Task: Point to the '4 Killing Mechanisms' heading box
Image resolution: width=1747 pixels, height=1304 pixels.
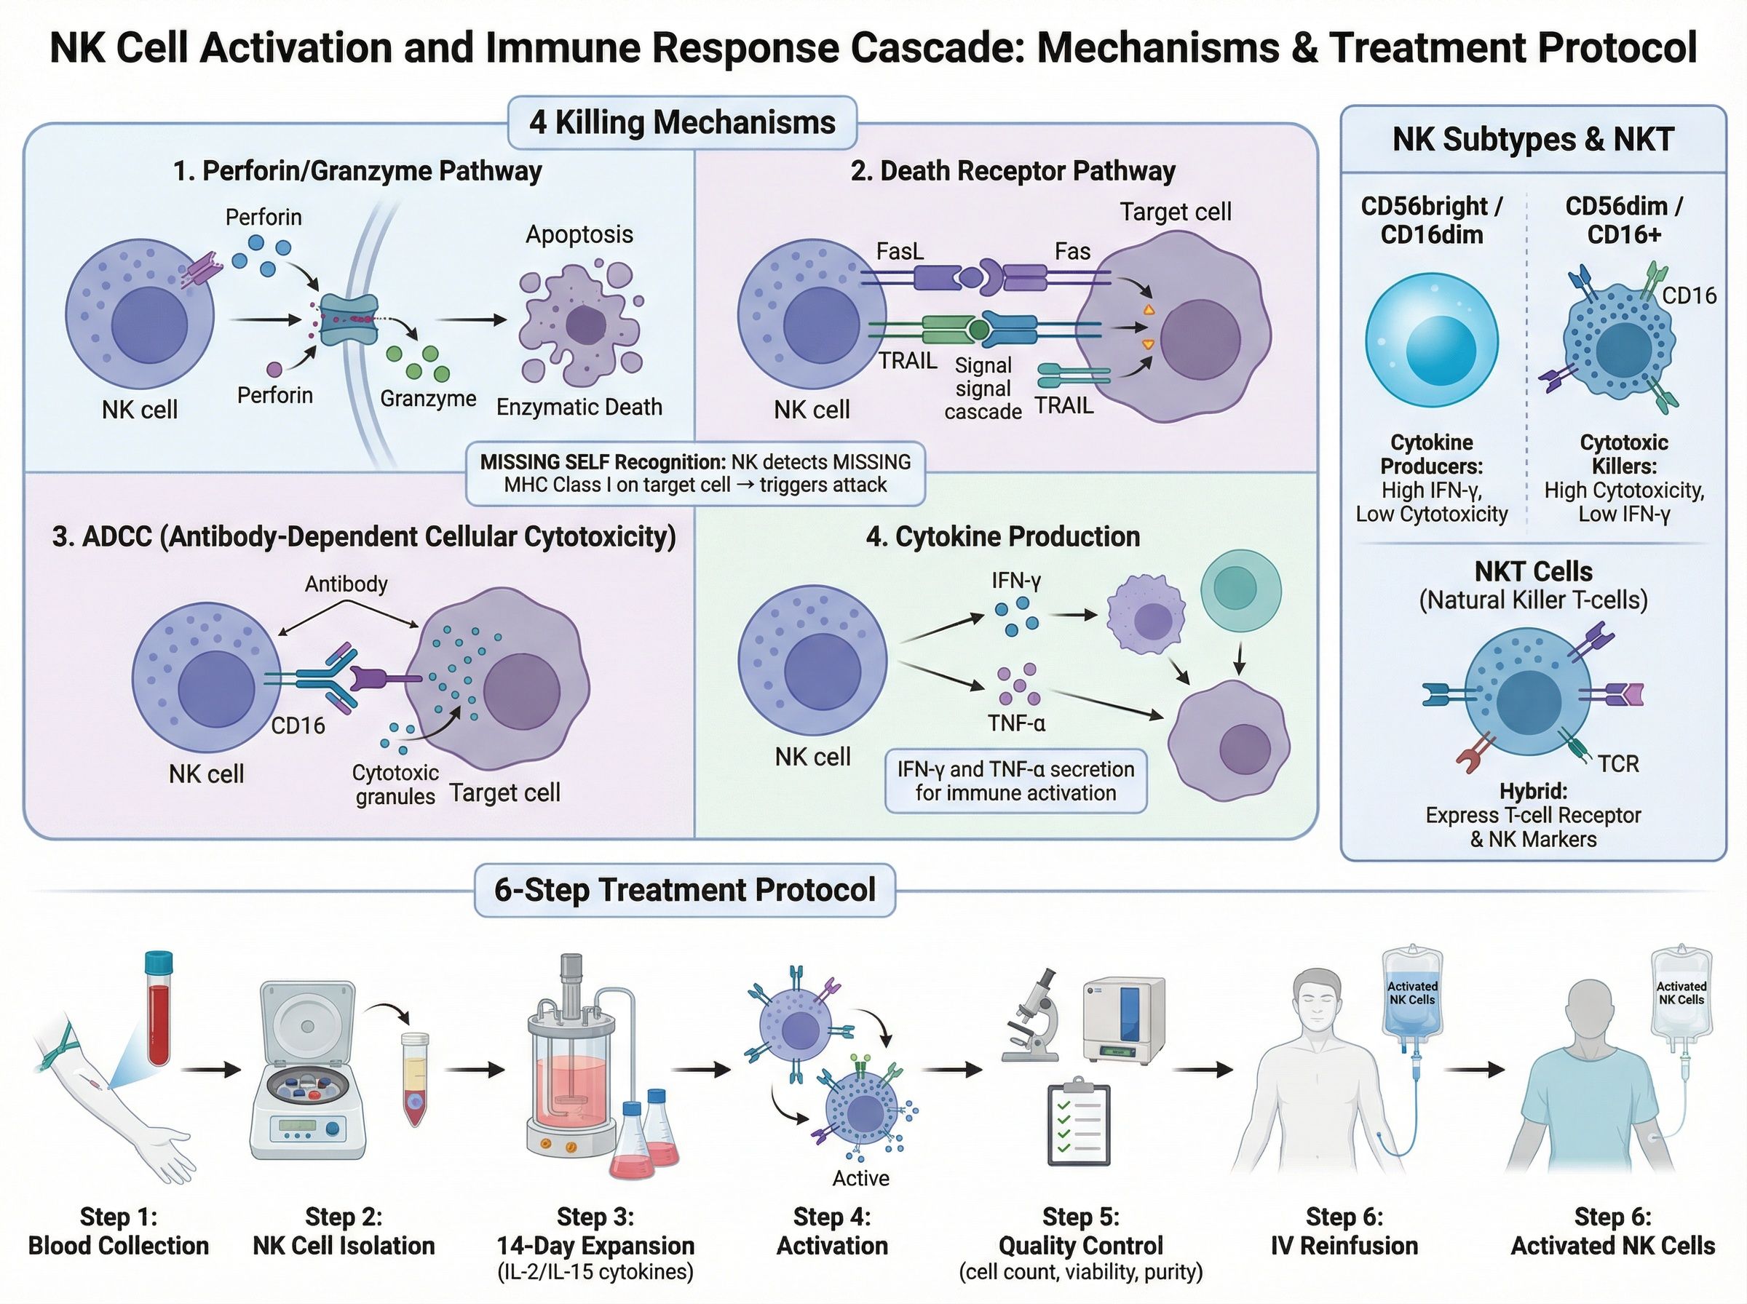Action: pyautogui.click(x=682, y=122)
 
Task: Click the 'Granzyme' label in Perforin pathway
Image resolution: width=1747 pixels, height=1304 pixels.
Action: pyautogui.click(x=428, y=399)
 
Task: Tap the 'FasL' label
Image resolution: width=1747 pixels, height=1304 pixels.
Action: pyautogui.click(x=899, y=251)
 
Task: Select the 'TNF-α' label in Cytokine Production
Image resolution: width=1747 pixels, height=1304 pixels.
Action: pyautogui.click(x=1016, y=723)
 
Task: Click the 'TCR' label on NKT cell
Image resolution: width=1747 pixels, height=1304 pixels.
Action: pyautogui.click(x=1618, y=763)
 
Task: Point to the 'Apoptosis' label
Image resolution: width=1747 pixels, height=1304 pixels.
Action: pyautogui.click(x=579, y=234)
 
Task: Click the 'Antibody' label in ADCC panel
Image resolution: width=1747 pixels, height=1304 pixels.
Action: pyautogui.click(x=346, y=584)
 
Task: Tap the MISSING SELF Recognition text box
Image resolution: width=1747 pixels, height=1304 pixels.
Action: pyautogui.click(x=694, y=474)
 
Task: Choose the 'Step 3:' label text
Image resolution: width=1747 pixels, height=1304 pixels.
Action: pyautogui.click(x=595, y=1217)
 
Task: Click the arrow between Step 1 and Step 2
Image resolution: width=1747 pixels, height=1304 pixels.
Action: pyautogui.click(x=210, y=1070)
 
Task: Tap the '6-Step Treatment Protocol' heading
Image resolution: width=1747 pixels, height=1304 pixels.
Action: pyautogui.click(x=684, y=890)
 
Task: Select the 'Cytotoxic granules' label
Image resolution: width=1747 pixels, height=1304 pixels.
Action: pyautogui.click(x=395, y=784)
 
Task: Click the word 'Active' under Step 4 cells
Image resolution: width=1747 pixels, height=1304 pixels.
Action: pyautogui.click(x=860, y=1177)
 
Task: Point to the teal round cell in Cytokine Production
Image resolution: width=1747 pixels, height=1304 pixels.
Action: pyautogui.click(x=1240, y=590)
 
